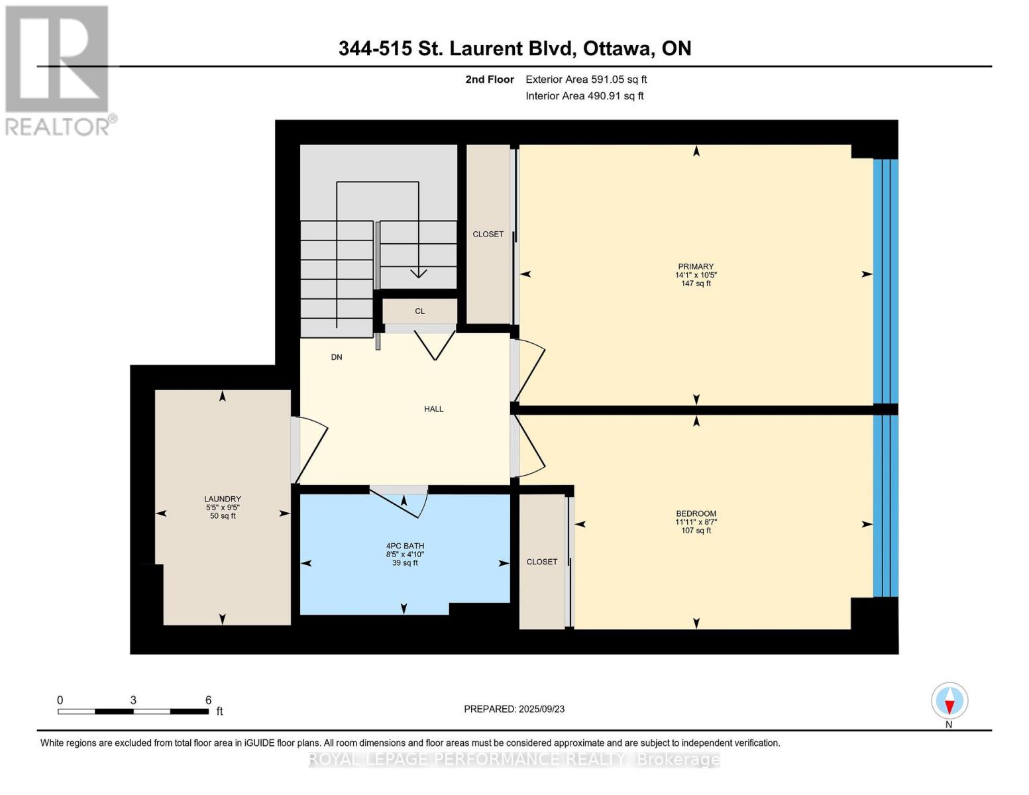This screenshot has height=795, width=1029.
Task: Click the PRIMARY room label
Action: [x=696, y=267]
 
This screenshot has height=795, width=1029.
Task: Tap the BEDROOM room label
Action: [x=696, y=514]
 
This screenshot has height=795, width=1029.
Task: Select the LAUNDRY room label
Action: [x=223, y=500]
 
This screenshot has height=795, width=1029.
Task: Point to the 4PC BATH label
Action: [x=405, y=547]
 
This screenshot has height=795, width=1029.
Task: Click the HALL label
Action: [x=434, y=409]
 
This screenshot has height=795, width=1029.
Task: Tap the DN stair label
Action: [x=337, y=357]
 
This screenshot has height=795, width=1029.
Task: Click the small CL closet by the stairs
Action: [x=420, y=311]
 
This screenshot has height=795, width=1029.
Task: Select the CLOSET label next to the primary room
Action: [x=488, y=235]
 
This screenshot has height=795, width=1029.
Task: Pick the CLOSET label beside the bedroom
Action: [x=542, y=562]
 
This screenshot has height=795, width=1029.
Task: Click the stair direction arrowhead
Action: [x=418, y=273]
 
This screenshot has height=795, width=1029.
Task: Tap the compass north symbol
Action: [x=949, y=701]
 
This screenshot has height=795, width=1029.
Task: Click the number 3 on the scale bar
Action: [x=133, y=700]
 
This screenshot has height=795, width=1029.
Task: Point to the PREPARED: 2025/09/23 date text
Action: [x=514, y=709]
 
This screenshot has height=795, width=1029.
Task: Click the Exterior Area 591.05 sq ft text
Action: [x=586, y=79]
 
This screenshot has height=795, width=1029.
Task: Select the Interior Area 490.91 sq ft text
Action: [x=584, y=96]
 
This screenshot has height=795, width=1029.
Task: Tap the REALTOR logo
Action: [x=58, y=70]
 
